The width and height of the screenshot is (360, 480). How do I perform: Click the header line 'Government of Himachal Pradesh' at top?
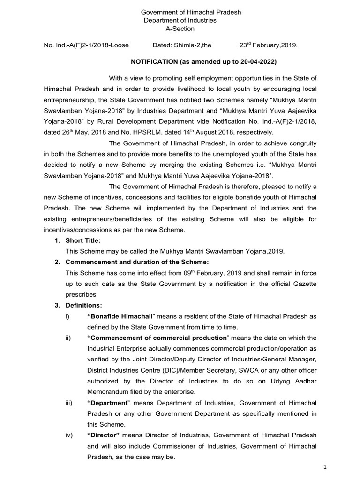(x=185, y=12)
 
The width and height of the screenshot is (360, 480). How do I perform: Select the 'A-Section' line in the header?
(x=180, y=29)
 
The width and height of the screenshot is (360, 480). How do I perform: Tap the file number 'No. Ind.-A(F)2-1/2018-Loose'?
(x=86, y=46)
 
